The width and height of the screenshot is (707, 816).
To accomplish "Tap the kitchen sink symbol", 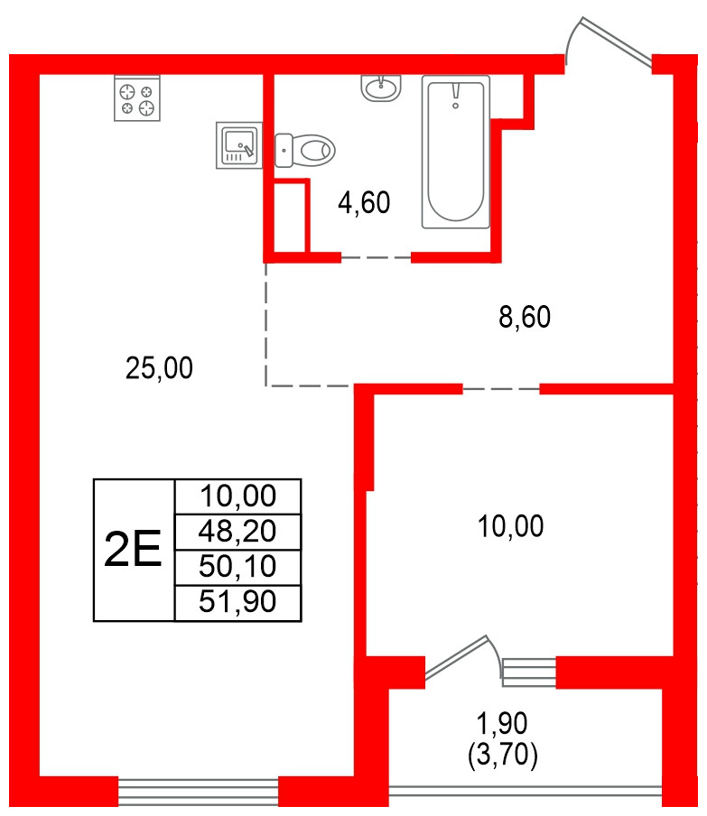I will tap(239, 145).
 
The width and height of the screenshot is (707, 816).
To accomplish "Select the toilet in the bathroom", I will tap(305, 149).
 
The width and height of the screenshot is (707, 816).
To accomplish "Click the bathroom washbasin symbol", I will tap(382, 88).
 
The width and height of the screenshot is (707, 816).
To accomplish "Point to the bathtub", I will tap(456, 151).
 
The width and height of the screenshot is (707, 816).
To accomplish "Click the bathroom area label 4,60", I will tap(364, 204).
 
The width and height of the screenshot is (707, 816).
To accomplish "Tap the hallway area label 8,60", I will tap(525, 317).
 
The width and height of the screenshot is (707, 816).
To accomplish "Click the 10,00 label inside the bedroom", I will tap(511, 525).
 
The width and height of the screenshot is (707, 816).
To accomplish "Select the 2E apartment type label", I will tap(134, 550).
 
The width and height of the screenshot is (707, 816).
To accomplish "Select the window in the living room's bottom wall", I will tap(199, 792).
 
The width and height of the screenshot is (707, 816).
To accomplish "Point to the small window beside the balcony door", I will tap(529, 671).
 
